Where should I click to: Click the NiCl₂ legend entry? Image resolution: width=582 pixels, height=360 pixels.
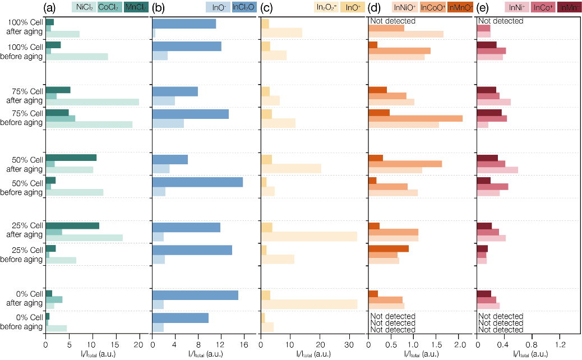pyautogui.click(x=83, y=7)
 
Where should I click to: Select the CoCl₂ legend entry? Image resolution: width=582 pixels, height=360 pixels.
pyautogui.click(x=109, y=7)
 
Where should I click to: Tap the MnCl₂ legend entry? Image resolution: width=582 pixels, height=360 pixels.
pyautogui.click(x=136, y=7)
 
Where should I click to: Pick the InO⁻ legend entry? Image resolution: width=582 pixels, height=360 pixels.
pyautogui.click(x=218, y=7)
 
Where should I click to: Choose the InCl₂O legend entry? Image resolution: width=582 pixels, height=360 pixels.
pyautogui.click(x=244, y=7)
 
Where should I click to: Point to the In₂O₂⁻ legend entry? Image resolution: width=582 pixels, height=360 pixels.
pyautogui.click(x=326, y=7)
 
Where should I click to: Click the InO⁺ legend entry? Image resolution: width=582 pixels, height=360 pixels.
pyautogui.click(x=353, y=7)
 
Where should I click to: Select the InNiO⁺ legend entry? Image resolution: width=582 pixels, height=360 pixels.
pyautogui.click(x=404, y=7)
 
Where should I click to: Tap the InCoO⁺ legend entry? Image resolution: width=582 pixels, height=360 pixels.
pyautogui.click(x=433, y=7)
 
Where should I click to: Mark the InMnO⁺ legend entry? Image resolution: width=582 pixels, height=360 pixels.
pyautogui.click(x=460, y=7)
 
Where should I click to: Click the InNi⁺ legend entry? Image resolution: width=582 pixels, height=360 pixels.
pyautogui.click(x=517, y=7)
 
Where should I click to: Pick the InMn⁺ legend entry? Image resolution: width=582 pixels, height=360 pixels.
pyautogui.click(x=570, y=7)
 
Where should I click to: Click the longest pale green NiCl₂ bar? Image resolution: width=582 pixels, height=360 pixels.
pyautogui.click(x=92, y=102)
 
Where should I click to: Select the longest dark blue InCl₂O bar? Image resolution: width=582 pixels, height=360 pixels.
pyautogui.click(x=197, y=182)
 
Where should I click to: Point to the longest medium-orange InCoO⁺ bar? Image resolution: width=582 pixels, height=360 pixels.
pyautogui.click(x=415, y=118)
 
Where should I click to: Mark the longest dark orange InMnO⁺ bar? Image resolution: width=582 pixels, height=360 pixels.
pyautogui.click(x=388, y=248)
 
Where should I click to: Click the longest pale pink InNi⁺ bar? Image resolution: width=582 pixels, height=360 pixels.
pyautogui.click(x=497, y=170)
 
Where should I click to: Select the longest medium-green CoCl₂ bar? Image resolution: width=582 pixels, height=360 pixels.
pyautogui.click(x=60, y=118)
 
